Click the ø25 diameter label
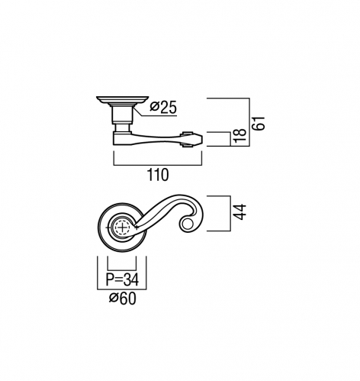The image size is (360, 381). click(x=163, y=108)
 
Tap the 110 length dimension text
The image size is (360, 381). click(x=158, y=175)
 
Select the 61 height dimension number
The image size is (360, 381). click(x=259, y=124)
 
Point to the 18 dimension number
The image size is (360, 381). click(x=239, y=135)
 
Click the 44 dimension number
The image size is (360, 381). click(x=239, y=211)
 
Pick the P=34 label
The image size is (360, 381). click(x=122, y=279)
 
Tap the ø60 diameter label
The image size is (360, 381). click(x=123, y=299)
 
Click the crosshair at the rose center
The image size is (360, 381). click(x=122, y=228)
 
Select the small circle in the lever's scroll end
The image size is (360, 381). click(x=188, y=224)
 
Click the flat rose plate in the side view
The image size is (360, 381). click(x=122, y=99)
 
